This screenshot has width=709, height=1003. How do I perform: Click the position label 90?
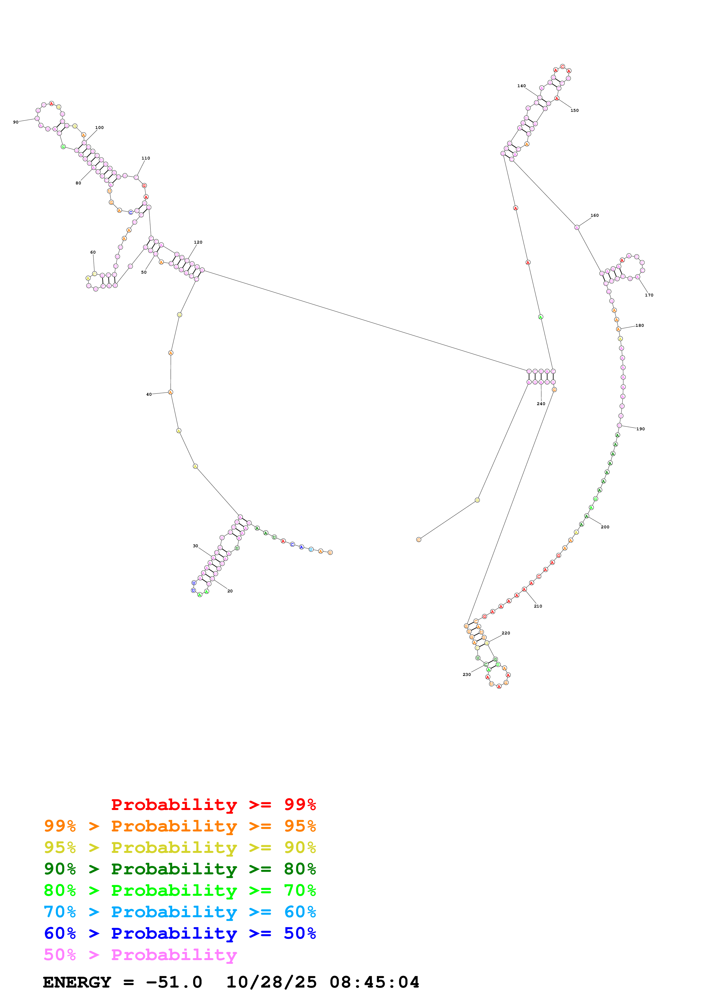pos(16,122)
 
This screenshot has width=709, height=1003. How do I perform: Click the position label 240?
pos(541,404)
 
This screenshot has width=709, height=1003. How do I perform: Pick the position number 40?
pos(149,395)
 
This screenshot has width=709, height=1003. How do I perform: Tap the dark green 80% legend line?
pos(180,869)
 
